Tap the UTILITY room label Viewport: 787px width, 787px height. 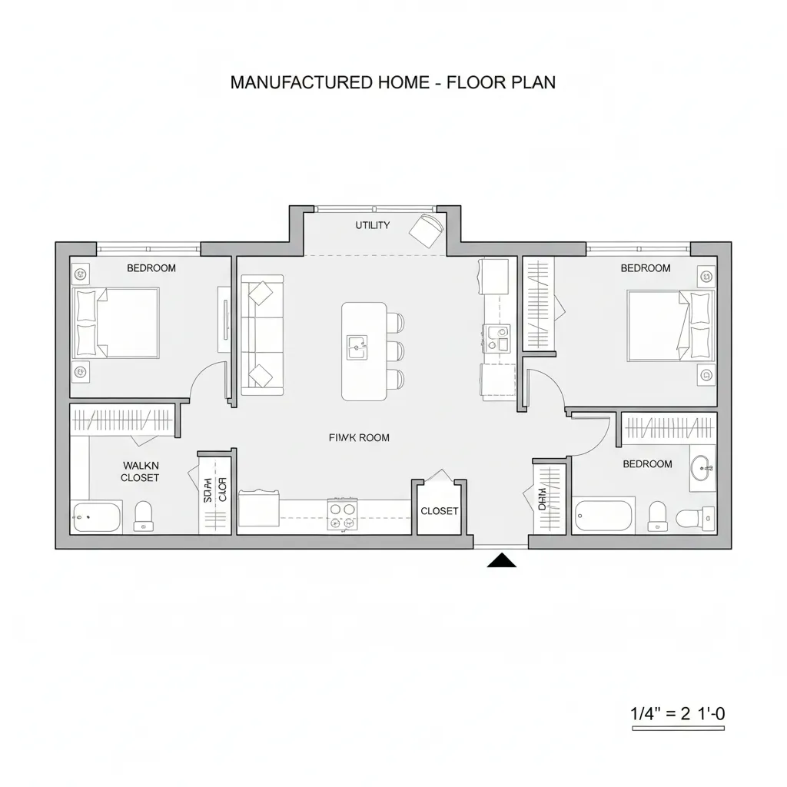pos(372,225)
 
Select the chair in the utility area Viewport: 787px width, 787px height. pos(427,228)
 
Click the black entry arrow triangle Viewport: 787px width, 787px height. pos(502,560)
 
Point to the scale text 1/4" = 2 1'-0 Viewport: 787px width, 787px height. pos(677,712)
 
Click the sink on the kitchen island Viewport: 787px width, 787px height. pos(357,347)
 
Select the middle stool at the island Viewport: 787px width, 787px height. pos(395,350)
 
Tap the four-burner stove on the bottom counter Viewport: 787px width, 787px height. pos(343,513)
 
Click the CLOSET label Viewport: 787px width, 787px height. pos(440,511)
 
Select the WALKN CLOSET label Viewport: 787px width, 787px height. pos(140,471)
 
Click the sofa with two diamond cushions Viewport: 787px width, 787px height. pos(262,335)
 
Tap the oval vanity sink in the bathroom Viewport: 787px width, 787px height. pos(702,468)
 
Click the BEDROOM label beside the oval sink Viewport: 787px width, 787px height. pos(647,464)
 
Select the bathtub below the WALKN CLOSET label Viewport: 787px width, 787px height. pos(97,516)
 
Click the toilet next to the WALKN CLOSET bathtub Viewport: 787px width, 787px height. pos(144,515)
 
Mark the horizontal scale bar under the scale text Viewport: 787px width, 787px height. pos(677,727)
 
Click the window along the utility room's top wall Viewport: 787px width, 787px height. pos(374,208)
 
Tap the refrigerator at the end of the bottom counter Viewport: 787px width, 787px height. pos(259,510)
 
